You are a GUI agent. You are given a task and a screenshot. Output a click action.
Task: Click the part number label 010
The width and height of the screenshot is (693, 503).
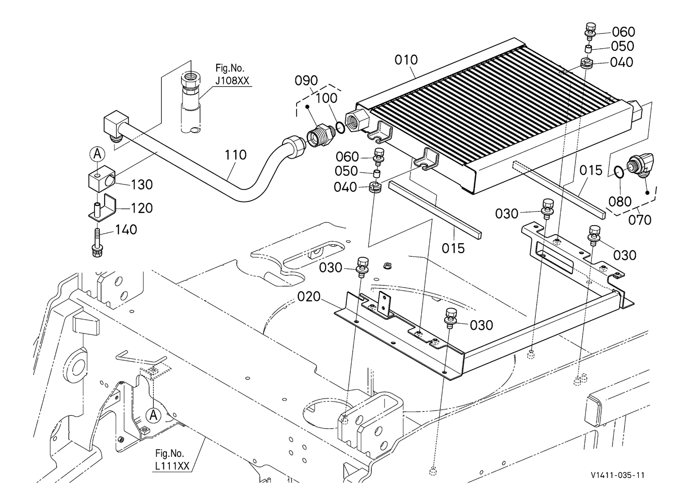pos(406,60)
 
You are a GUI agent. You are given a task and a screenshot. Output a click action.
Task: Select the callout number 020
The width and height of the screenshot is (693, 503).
pos(309,296)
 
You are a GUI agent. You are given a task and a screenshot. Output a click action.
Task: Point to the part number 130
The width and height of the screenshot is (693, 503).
pos(142,185)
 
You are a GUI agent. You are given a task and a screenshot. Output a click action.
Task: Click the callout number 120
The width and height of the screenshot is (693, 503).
pos(142,208)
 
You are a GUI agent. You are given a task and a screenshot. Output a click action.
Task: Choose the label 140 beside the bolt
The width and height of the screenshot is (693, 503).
pos(126,230)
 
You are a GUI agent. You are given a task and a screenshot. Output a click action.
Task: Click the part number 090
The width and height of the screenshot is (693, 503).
pos(306,80)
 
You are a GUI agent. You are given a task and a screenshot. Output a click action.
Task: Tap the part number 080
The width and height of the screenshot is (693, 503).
pos(620,202)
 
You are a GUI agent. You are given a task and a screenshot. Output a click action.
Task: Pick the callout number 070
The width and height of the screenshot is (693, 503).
pos(639,220)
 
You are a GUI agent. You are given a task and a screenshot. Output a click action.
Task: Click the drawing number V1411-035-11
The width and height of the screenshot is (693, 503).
pos(618,475)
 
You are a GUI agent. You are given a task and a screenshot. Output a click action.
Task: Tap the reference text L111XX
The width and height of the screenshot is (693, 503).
pos(172,466)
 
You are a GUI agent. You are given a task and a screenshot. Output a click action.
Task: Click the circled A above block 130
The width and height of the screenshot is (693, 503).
pos(96,154)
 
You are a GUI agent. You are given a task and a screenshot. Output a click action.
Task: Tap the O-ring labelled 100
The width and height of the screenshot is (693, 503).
pos(340,127)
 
